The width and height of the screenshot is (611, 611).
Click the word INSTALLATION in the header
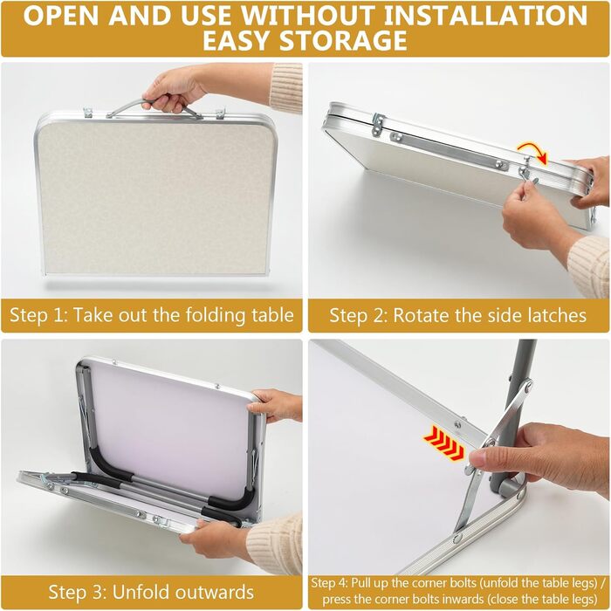click(485, 15)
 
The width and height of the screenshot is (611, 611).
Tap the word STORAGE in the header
click(343, 40)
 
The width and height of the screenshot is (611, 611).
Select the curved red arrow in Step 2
click(533, 152)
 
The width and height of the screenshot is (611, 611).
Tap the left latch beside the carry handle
click(88, 113)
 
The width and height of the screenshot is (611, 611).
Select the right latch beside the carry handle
click(221, 113)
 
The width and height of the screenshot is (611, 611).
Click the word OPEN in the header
click(62, 15)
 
